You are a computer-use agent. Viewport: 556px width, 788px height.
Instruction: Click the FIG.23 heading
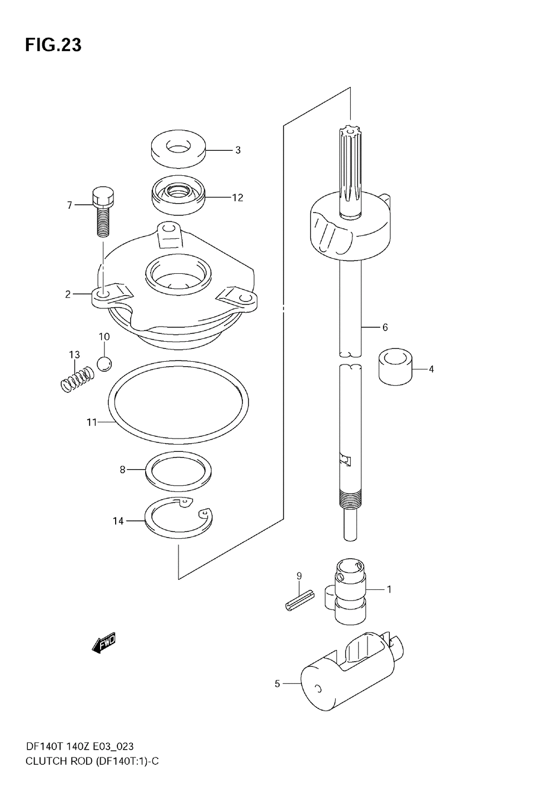coord(53,45)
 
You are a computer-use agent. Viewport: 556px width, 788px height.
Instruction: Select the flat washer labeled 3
coord(178,149)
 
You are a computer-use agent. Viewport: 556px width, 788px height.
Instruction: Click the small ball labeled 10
coord(104,363)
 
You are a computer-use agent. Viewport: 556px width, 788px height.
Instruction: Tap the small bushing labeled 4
coord(398,367)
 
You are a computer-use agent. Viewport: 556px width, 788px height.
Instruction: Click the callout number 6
coord(385,327)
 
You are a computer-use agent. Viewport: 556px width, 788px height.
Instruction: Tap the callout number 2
coord(68,294)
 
